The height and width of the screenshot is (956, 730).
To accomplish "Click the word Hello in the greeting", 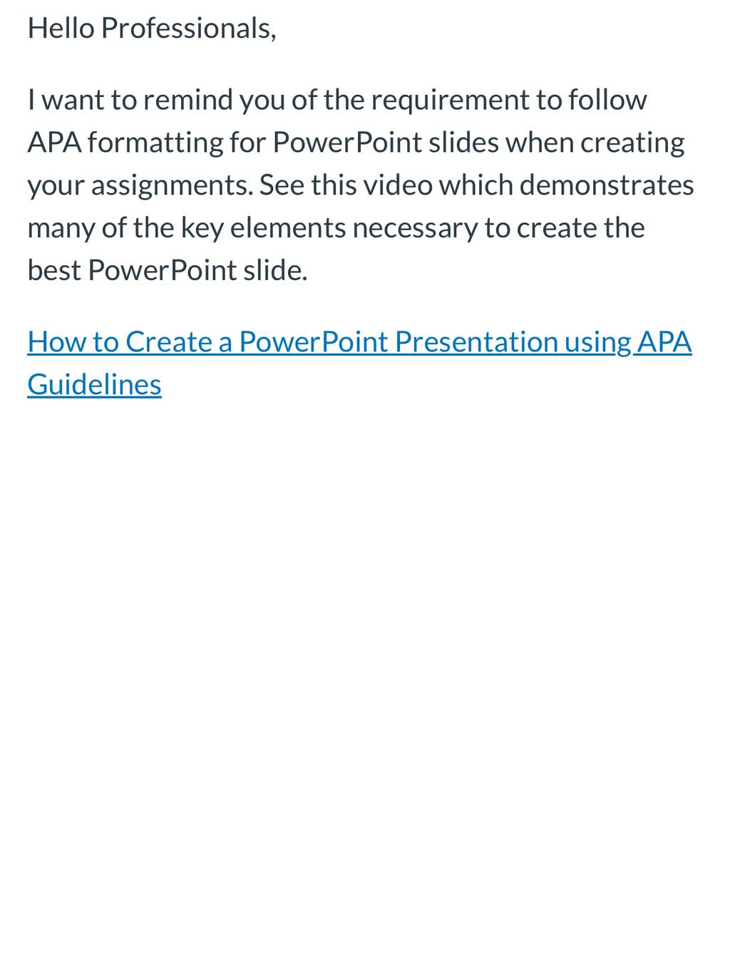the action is tap(61, 29).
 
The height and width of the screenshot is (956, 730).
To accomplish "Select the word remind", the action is tap(188, 100).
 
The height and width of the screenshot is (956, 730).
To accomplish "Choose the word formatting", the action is tap(156, 143).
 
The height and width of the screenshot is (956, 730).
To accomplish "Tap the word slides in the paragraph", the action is tap(463, 143).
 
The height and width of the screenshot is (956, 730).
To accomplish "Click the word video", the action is tap(398, 185).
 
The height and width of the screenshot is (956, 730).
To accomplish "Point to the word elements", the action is tap(288, 228).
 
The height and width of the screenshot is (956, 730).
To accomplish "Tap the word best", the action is tap(54, 270).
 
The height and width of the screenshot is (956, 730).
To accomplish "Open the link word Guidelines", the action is tap(95, 384).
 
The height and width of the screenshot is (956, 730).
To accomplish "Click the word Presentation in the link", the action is tap(476, 342).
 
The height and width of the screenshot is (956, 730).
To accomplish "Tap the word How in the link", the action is tap(57, 342).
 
